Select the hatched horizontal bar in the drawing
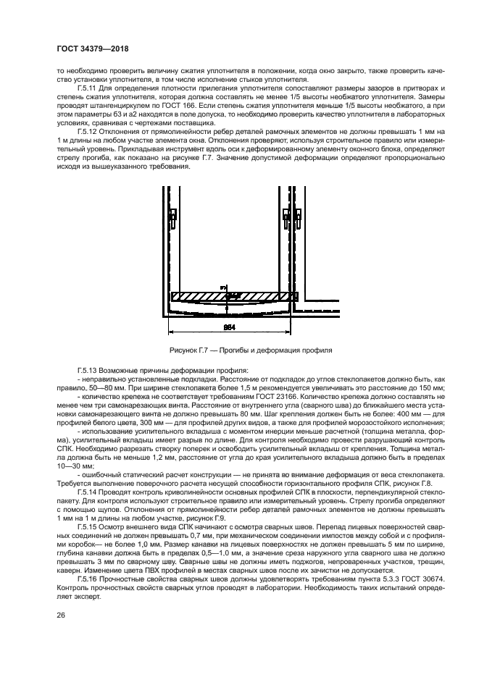[228, 296]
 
